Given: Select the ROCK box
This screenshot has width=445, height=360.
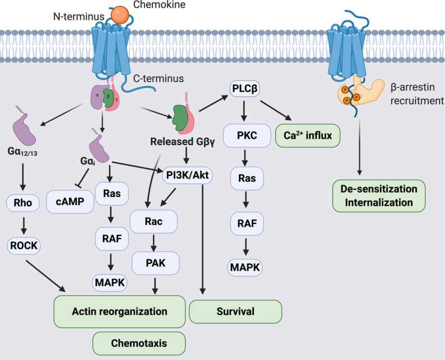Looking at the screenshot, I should coord(23,245).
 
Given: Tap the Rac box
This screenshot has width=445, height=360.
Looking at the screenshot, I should coord(153,221).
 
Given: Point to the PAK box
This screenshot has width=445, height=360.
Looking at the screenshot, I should coord(155,262).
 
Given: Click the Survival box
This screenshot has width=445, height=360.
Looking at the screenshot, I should coord(236,311).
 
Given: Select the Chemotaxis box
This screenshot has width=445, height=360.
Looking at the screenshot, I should coord(139,343).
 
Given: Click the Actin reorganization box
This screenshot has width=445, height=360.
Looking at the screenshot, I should coord(120,311).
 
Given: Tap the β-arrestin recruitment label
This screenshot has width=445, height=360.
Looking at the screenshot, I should coord(416,93).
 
